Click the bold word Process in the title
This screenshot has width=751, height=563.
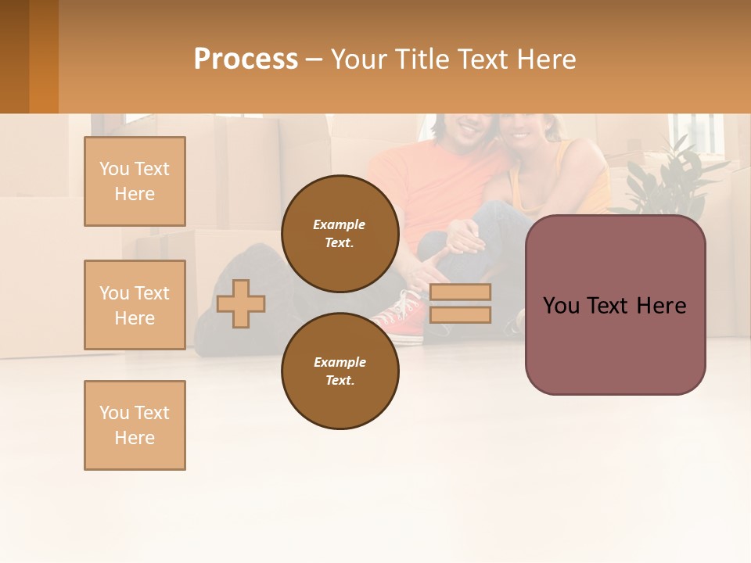[x=246, y=59]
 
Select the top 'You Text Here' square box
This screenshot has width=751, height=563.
[x=135, y=181]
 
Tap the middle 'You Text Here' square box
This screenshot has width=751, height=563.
[x=135, y=305]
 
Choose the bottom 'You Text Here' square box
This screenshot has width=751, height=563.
[x=135, y=425]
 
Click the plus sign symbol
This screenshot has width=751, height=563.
[x=241, y=303]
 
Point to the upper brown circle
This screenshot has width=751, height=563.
[x=340, y=233]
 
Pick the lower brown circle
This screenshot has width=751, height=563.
[x=340, y=371]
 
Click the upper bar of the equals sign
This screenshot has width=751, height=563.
[x=460, y=292]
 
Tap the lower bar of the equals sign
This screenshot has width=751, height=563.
[x=460, y=314]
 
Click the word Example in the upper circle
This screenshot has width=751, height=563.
[x=339, y=224]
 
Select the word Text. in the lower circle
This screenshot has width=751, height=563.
[x=340, y=380]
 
